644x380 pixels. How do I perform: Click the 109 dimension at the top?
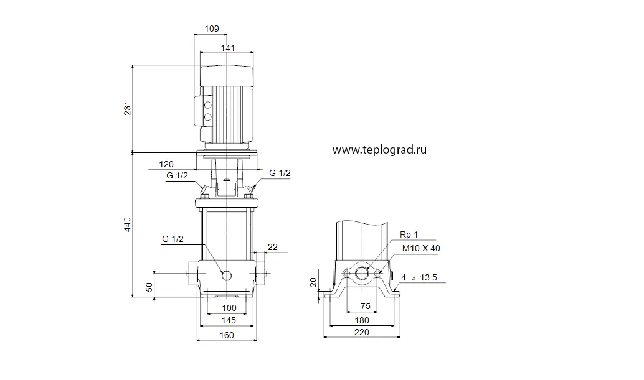212,29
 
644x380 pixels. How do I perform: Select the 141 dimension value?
228,48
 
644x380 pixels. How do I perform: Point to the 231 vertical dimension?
128,108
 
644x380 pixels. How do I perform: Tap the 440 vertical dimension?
128,225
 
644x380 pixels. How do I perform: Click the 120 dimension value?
166,164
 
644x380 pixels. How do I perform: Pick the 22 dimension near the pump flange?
273,247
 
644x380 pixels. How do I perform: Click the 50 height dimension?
149,287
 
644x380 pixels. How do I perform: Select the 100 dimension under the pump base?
229,308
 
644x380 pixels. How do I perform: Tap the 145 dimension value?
229,320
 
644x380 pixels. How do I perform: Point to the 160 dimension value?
227,335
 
